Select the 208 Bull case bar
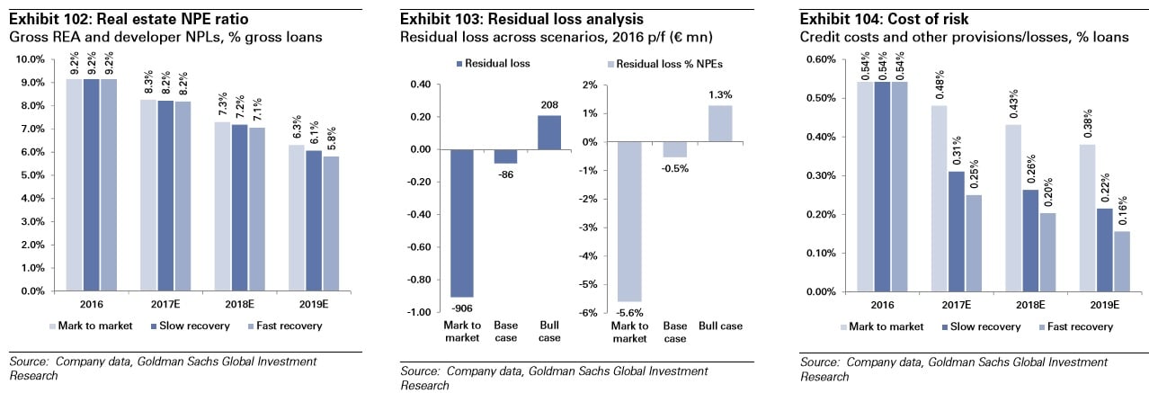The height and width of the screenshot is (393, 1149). click(548, 132)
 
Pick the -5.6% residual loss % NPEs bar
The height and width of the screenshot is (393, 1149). click(628, 221)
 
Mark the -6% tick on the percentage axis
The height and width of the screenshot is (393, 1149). click(589, 312)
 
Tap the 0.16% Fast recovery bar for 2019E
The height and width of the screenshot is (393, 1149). click(1121, 262)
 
